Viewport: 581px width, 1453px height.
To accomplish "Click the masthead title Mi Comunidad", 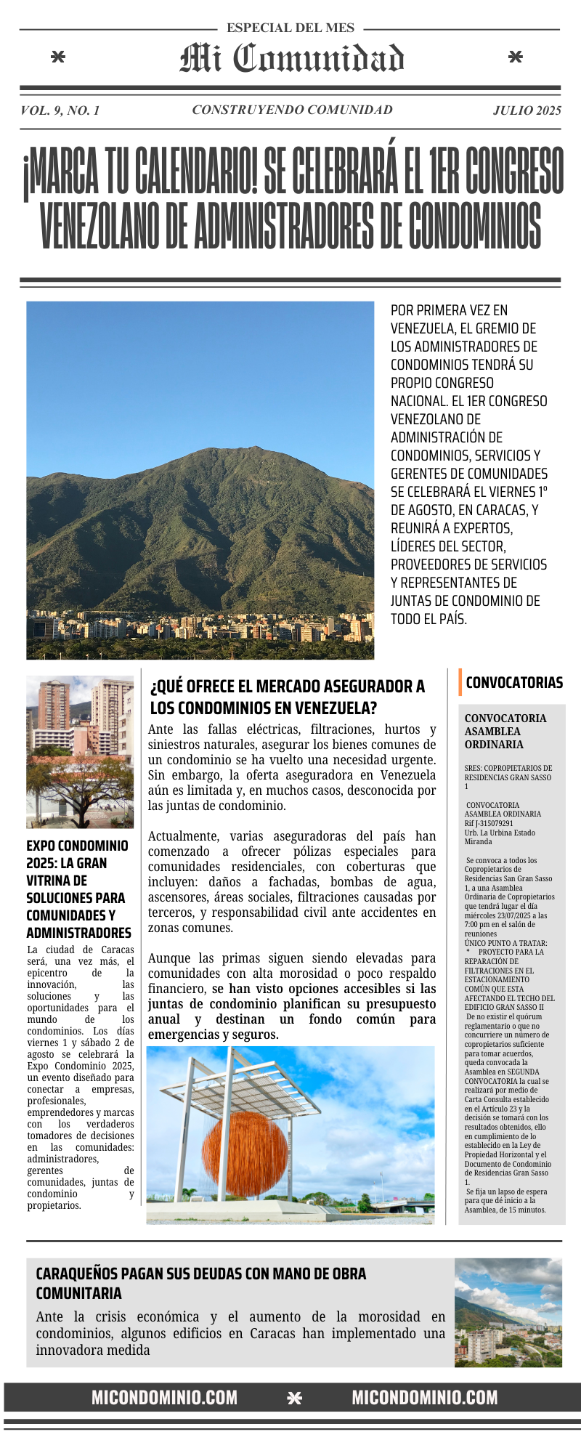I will [x=292, y=58].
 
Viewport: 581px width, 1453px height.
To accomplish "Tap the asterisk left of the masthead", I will [x=58, y=57].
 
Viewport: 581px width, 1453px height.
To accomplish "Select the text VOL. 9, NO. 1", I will [x=60, y=110].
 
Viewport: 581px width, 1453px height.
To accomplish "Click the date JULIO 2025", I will [x=527, y=110].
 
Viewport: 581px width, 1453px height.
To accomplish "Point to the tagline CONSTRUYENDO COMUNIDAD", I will [x=292, y=110].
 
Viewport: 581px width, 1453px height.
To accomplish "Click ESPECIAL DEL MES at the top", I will [x=290, y=28].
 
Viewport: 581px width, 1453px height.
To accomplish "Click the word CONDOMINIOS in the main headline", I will [x=475, y=225].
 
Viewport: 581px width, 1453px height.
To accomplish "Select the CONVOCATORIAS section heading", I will [x=514, y=683].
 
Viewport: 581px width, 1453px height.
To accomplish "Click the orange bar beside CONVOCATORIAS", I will [x=460, y=682].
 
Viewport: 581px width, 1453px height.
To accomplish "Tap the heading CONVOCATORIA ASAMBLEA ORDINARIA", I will [x=505, y=731].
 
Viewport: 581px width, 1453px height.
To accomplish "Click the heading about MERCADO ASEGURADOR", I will [x=288, y=697].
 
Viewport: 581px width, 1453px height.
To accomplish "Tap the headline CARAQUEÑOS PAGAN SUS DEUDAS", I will [x=201, y=1283].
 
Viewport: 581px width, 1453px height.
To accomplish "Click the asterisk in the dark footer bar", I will [x=294, y=1398].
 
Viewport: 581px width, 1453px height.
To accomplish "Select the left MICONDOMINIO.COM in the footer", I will [x=164, y=1398].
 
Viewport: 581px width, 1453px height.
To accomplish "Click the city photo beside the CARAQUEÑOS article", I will [x=508, y=1313].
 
